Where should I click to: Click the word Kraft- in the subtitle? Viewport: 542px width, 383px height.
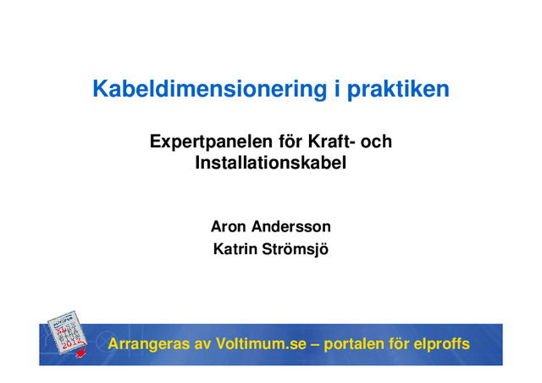click(x=324, y=142)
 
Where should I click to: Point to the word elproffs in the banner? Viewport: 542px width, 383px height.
click(x=440, y=345)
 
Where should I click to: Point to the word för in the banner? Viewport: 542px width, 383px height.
click(x=401, y=345)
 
